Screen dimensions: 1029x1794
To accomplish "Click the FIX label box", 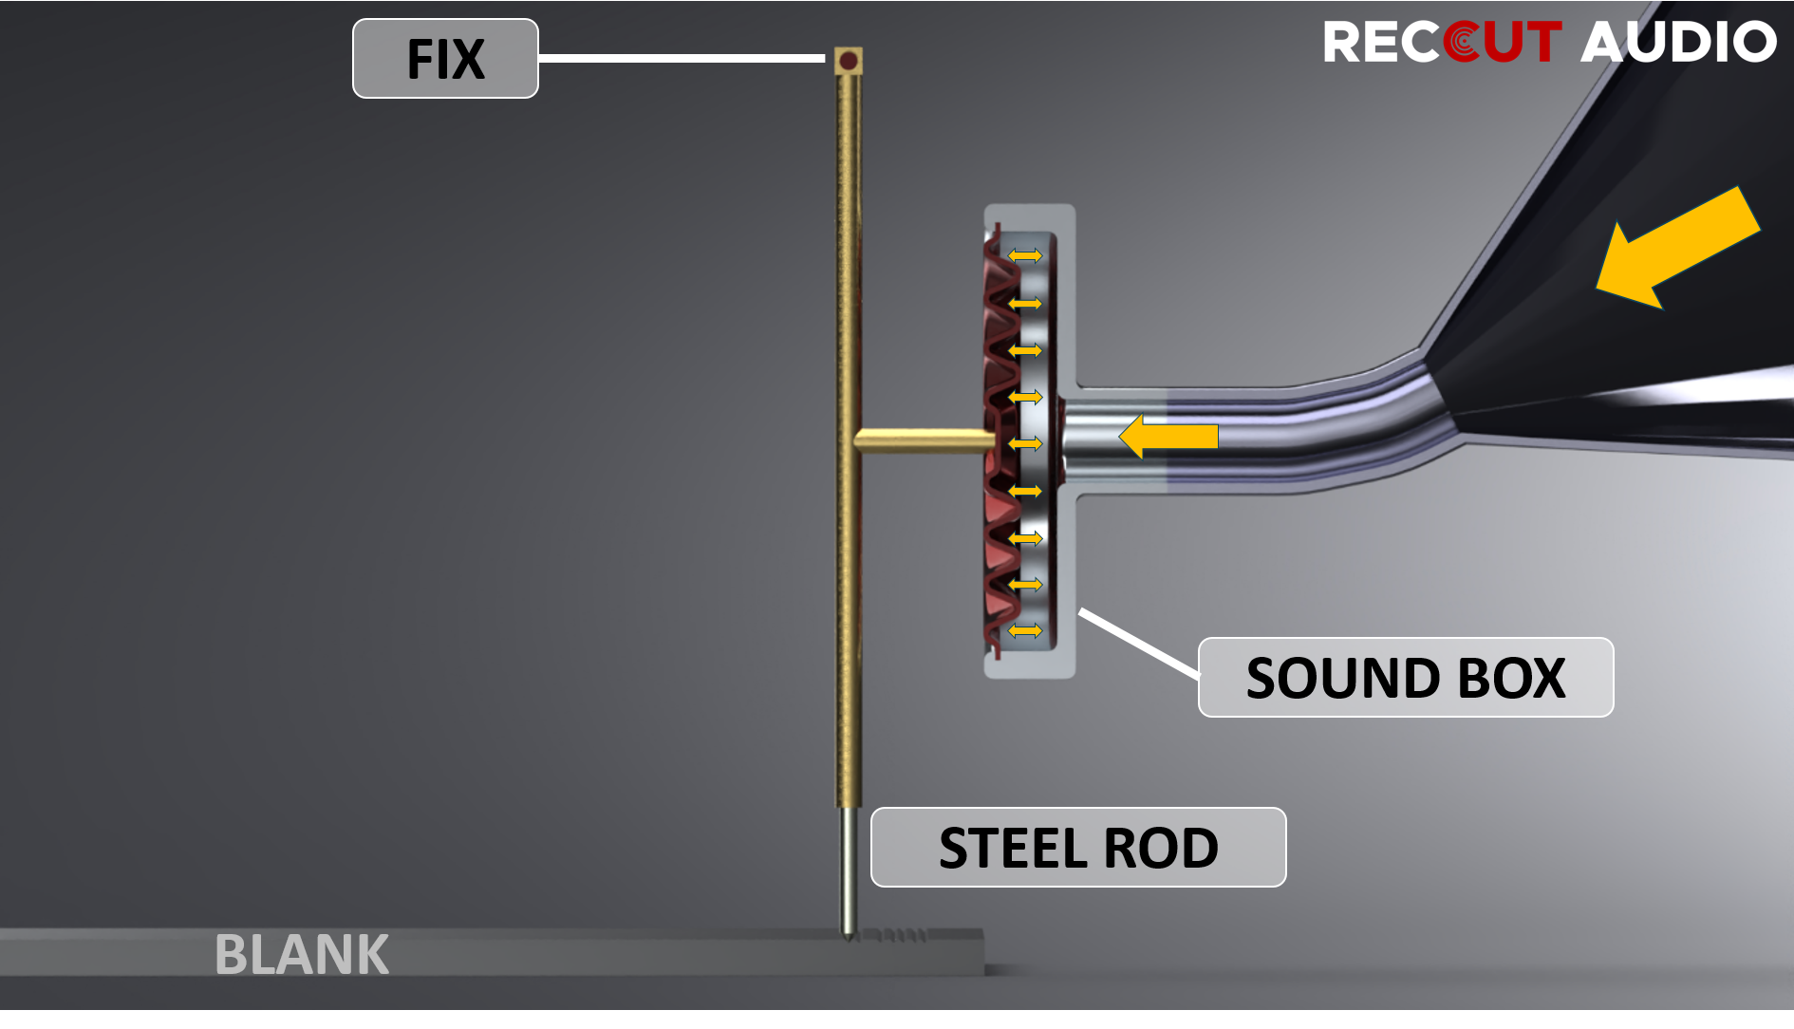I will pyautogui.click(x=445, y=59).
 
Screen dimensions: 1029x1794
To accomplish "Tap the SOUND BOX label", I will pyautogui.click(x=1405, y=678).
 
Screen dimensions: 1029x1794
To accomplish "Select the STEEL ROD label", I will pyautogui.click(x=1078, y=848).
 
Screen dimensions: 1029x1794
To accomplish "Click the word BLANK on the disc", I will pyautogui.click(x=302, y=954).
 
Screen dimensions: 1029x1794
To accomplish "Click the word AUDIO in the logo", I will pyautogui.click(x=1678, y=43).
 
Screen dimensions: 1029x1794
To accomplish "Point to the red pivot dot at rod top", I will pyautogui.click(x=849, y=62).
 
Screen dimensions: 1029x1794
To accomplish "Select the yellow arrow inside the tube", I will pyautogui.click(x=1168, y=437).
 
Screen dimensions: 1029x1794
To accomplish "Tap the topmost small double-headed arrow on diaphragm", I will pyautogui.click(x=1025, y=255).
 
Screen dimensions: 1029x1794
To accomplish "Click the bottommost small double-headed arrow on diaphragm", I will pyautogui.click(x=1025, y=630).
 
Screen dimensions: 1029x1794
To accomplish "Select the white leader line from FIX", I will pyautogui.click(x=682, y=59).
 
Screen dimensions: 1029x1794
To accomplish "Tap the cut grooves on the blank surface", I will pyautogui.click(x=897, y=937).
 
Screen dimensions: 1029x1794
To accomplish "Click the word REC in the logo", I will pyautogui.click(x=1381, y=43).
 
